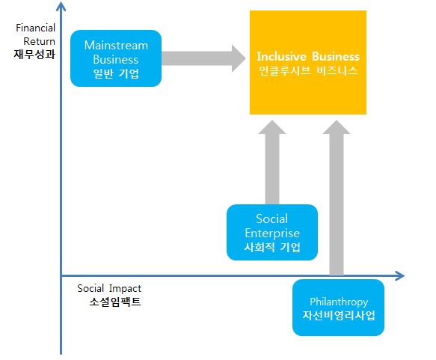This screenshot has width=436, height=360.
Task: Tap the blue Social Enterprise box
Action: point(271,233)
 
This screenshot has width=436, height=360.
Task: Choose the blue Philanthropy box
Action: point(339,307)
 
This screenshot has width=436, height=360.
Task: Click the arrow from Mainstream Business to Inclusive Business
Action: point(202,57)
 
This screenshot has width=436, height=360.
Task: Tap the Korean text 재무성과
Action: point(35,54)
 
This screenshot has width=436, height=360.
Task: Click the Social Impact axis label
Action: point(109,288)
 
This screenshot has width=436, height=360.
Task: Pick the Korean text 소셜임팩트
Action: point(114,302)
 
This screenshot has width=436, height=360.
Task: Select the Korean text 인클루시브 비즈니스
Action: point(308,72)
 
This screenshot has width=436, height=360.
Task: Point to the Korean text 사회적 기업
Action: point(271,248)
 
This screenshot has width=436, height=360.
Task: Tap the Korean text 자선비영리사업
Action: point(339,315)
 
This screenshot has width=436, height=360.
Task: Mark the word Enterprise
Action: point(272,234)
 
